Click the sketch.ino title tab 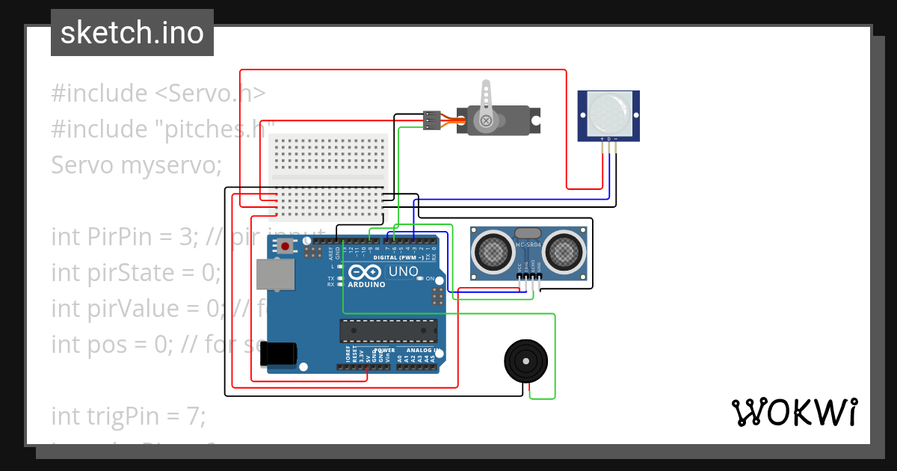tap(132, 33)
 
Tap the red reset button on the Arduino tap(285, 246)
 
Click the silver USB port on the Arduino tap(274, 274)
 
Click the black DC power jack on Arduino tap(279, 354)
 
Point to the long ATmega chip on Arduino tap(388, 328)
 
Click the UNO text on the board tap(404, 272)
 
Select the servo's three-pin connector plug tap(431, 120)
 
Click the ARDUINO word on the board tap(366, 285)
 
